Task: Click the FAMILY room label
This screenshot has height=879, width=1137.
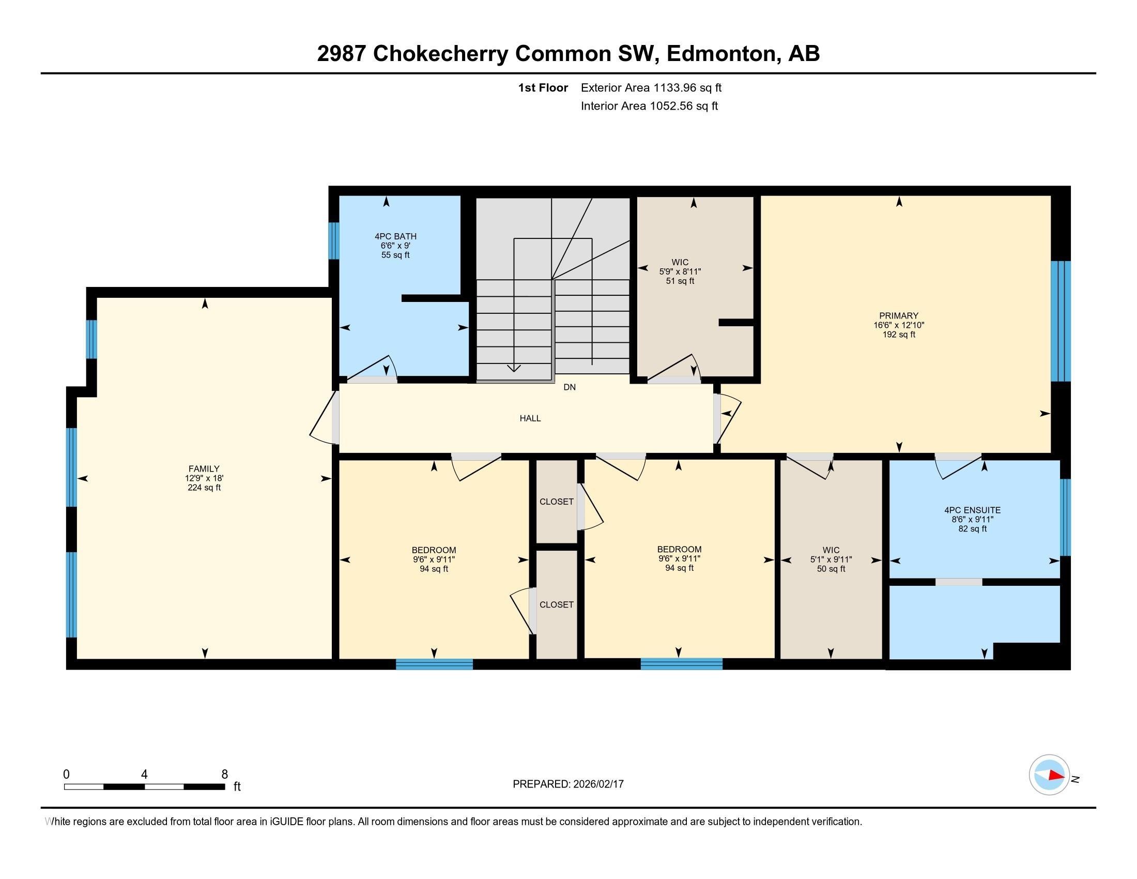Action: click(x=204, y=468)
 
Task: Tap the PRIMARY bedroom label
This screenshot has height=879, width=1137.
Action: click(x=899, y=315)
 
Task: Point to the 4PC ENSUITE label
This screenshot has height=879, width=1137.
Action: click(x=972, y=510)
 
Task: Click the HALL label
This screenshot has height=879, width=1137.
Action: click(x=530, y=418)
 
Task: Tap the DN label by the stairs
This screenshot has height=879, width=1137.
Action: click(x=570, y=387)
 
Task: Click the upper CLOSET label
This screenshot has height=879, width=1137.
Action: click(x=556, y=502)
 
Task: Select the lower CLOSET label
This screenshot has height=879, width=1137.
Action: click(x=556, y=604)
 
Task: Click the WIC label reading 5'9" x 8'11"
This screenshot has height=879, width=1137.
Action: click(x=680, y=263)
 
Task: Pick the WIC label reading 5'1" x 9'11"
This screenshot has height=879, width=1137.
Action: click(x=831, y=550)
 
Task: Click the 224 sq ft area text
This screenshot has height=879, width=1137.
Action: click(x=204, y=488)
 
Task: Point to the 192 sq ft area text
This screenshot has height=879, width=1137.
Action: click(x=899, y=335)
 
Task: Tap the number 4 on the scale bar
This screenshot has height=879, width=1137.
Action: click(x=144, y=775)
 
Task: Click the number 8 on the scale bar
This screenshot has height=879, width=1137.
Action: click(x=224, y=775)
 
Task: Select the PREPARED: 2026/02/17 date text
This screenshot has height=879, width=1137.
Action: click(x=568, y=784)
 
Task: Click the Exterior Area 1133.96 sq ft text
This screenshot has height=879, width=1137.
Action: click(x=651, y=88)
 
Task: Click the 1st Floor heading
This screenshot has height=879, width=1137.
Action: click(x=543, y=88)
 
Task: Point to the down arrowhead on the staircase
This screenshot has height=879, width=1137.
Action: click(x=514, y=368)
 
